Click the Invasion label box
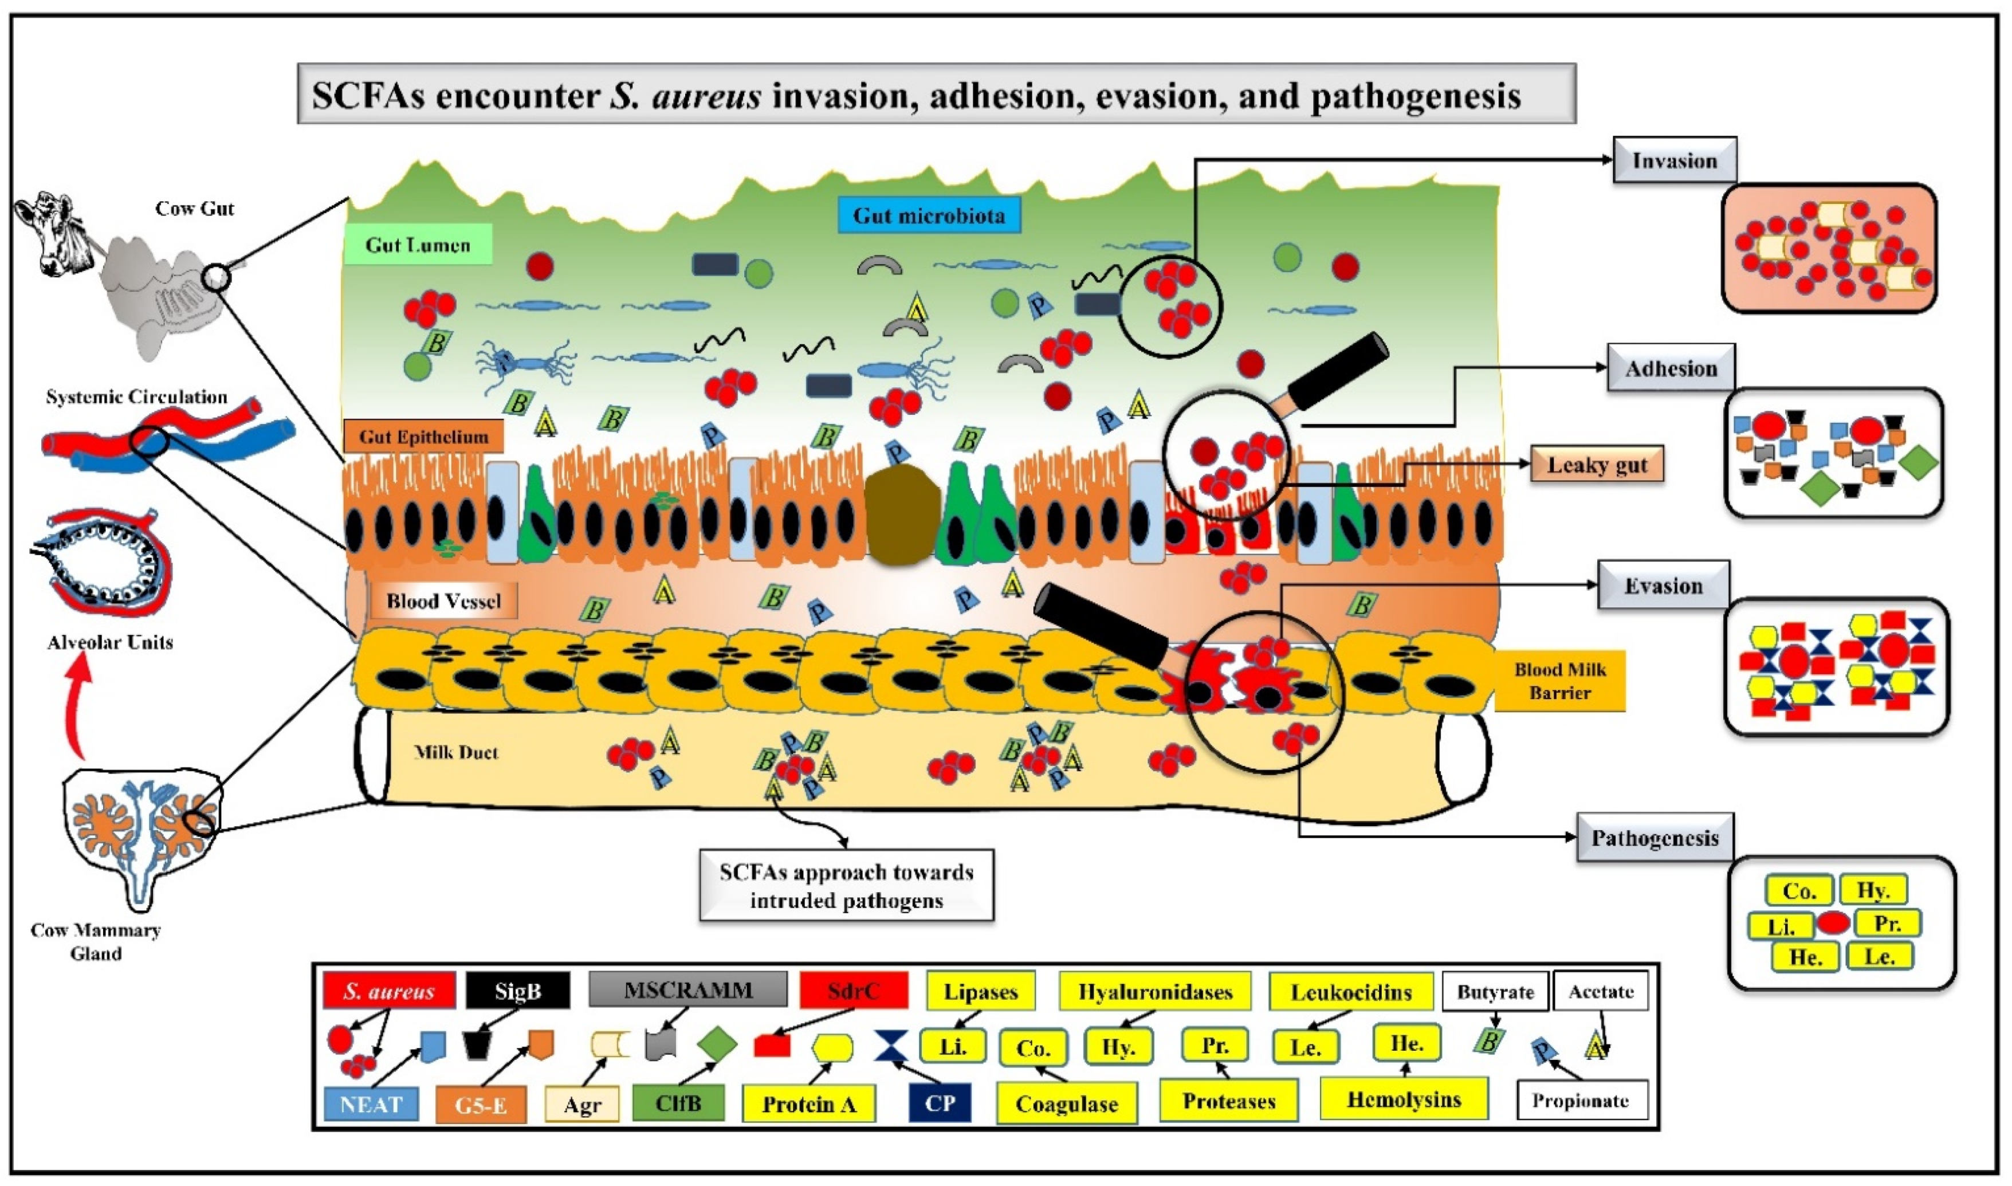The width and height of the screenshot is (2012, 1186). click(x=1673, y=160)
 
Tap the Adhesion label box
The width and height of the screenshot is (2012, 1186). click(x=1670, y=368)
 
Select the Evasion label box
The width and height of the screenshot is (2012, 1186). click(x=1663, y=586)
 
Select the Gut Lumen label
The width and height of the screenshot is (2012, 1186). click(x=417, y=245)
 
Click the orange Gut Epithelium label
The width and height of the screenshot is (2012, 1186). click(x=423, y=437)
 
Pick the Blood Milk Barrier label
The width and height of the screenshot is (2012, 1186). click(x=1559, y=681)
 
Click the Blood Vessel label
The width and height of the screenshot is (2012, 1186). click(x=443, y=601)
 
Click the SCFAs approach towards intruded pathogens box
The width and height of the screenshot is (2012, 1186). click(x=846, y=886)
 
